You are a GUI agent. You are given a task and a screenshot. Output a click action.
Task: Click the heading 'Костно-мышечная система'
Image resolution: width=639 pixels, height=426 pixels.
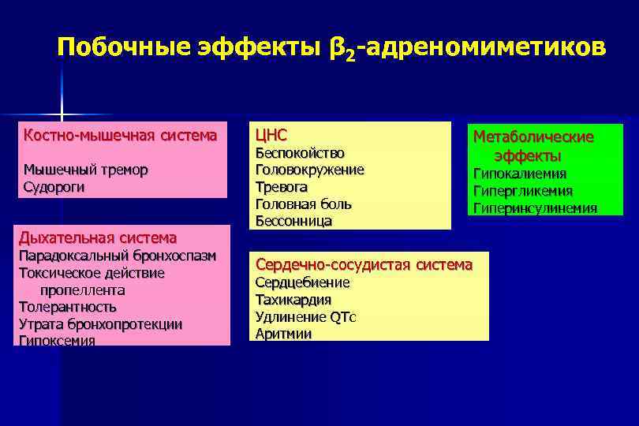pos(120,135)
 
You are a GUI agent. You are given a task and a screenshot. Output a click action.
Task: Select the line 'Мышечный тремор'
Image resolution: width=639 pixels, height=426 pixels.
pos(85,170)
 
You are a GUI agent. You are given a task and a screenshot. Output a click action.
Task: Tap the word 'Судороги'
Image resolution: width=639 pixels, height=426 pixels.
pos(54,187)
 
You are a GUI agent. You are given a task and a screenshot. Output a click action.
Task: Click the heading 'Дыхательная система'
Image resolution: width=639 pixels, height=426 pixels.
pos(98,237)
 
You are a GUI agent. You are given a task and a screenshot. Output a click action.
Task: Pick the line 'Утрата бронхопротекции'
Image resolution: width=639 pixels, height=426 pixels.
pos(100,324)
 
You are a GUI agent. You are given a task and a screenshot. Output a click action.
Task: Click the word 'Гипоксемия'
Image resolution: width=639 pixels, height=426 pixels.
pos(56,341)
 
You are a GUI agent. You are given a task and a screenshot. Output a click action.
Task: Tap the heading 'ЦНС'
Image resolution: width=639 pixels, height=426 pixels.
pos(271,134)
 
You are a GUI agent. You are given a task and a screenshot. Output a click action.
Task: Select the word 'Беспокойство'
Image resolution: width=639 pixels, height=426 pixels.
pos(300,153)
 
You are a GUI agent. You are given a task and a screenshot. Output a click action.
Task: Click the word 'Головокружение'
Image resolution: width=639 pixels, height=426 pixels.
pos(309,170)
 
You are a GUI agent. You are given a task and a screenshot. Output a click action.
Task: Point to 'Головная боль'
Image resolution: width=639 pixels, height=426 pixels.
pos(303,204)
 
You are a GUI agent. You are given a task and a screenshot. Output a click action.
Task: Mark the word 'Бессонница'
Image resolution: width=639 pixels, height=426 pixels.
pos(293,222)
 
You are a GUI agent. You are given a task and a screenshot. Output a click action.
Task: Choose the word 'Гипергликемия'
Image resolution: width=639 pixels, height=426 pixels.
pos(522,191)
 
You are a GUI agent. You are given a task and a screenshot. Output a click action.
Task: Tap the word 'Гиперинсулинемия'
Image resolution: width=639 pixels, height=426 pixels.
pos(535,208)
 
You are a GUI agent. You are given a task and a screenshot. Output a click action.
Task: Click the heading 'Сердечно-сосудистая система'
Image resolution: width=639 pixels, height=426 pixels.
pos(364,264)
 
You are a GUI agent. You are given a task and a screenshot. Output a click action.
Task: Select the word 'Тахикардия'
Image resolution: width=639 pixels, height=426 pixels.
pos(293,300)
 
